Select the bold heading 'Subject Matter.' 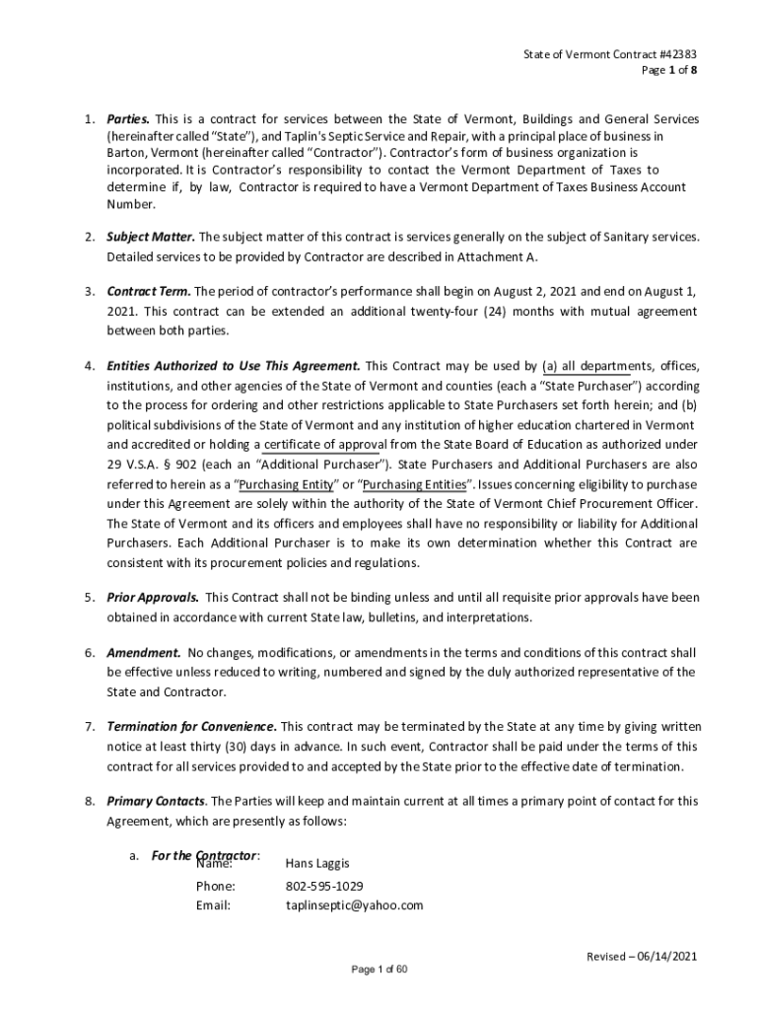(x=151, y=237)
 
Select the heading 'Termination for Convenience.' (x=191, y=727)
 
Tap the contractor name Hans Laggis (x=316, y=863)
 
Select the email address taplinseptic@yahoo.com (x=354, y=904)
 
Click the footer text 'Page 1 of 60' (x=379, y=970)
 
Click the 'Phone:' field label (x=215, y=886)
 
